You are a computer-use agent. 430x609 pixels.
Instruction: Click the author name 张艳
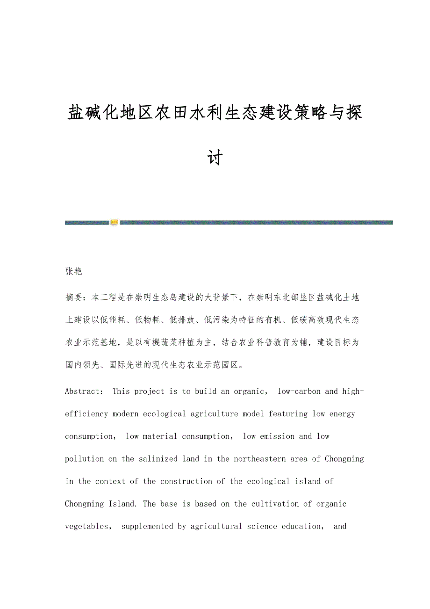point(73,271)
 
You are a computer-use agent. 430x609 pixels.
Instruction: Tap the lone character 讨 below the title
point(215,157)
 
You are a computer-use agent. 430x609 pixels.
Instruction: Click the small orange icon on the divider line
point(114,222)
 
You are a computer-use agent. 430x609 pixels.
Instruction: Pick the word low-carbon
point(299,391)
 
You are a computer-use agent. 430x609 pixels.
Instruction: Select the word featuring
point(289,413)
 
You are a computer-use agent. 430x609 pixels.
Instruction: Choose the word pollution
point(85,458)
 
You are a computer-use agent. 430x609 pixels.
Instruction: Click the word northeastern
point(256,458)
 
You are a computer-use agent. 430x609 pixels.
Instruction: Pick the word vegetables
point(87,526)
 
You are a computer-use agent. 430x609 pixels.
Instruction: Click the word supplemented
point(147,526)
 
